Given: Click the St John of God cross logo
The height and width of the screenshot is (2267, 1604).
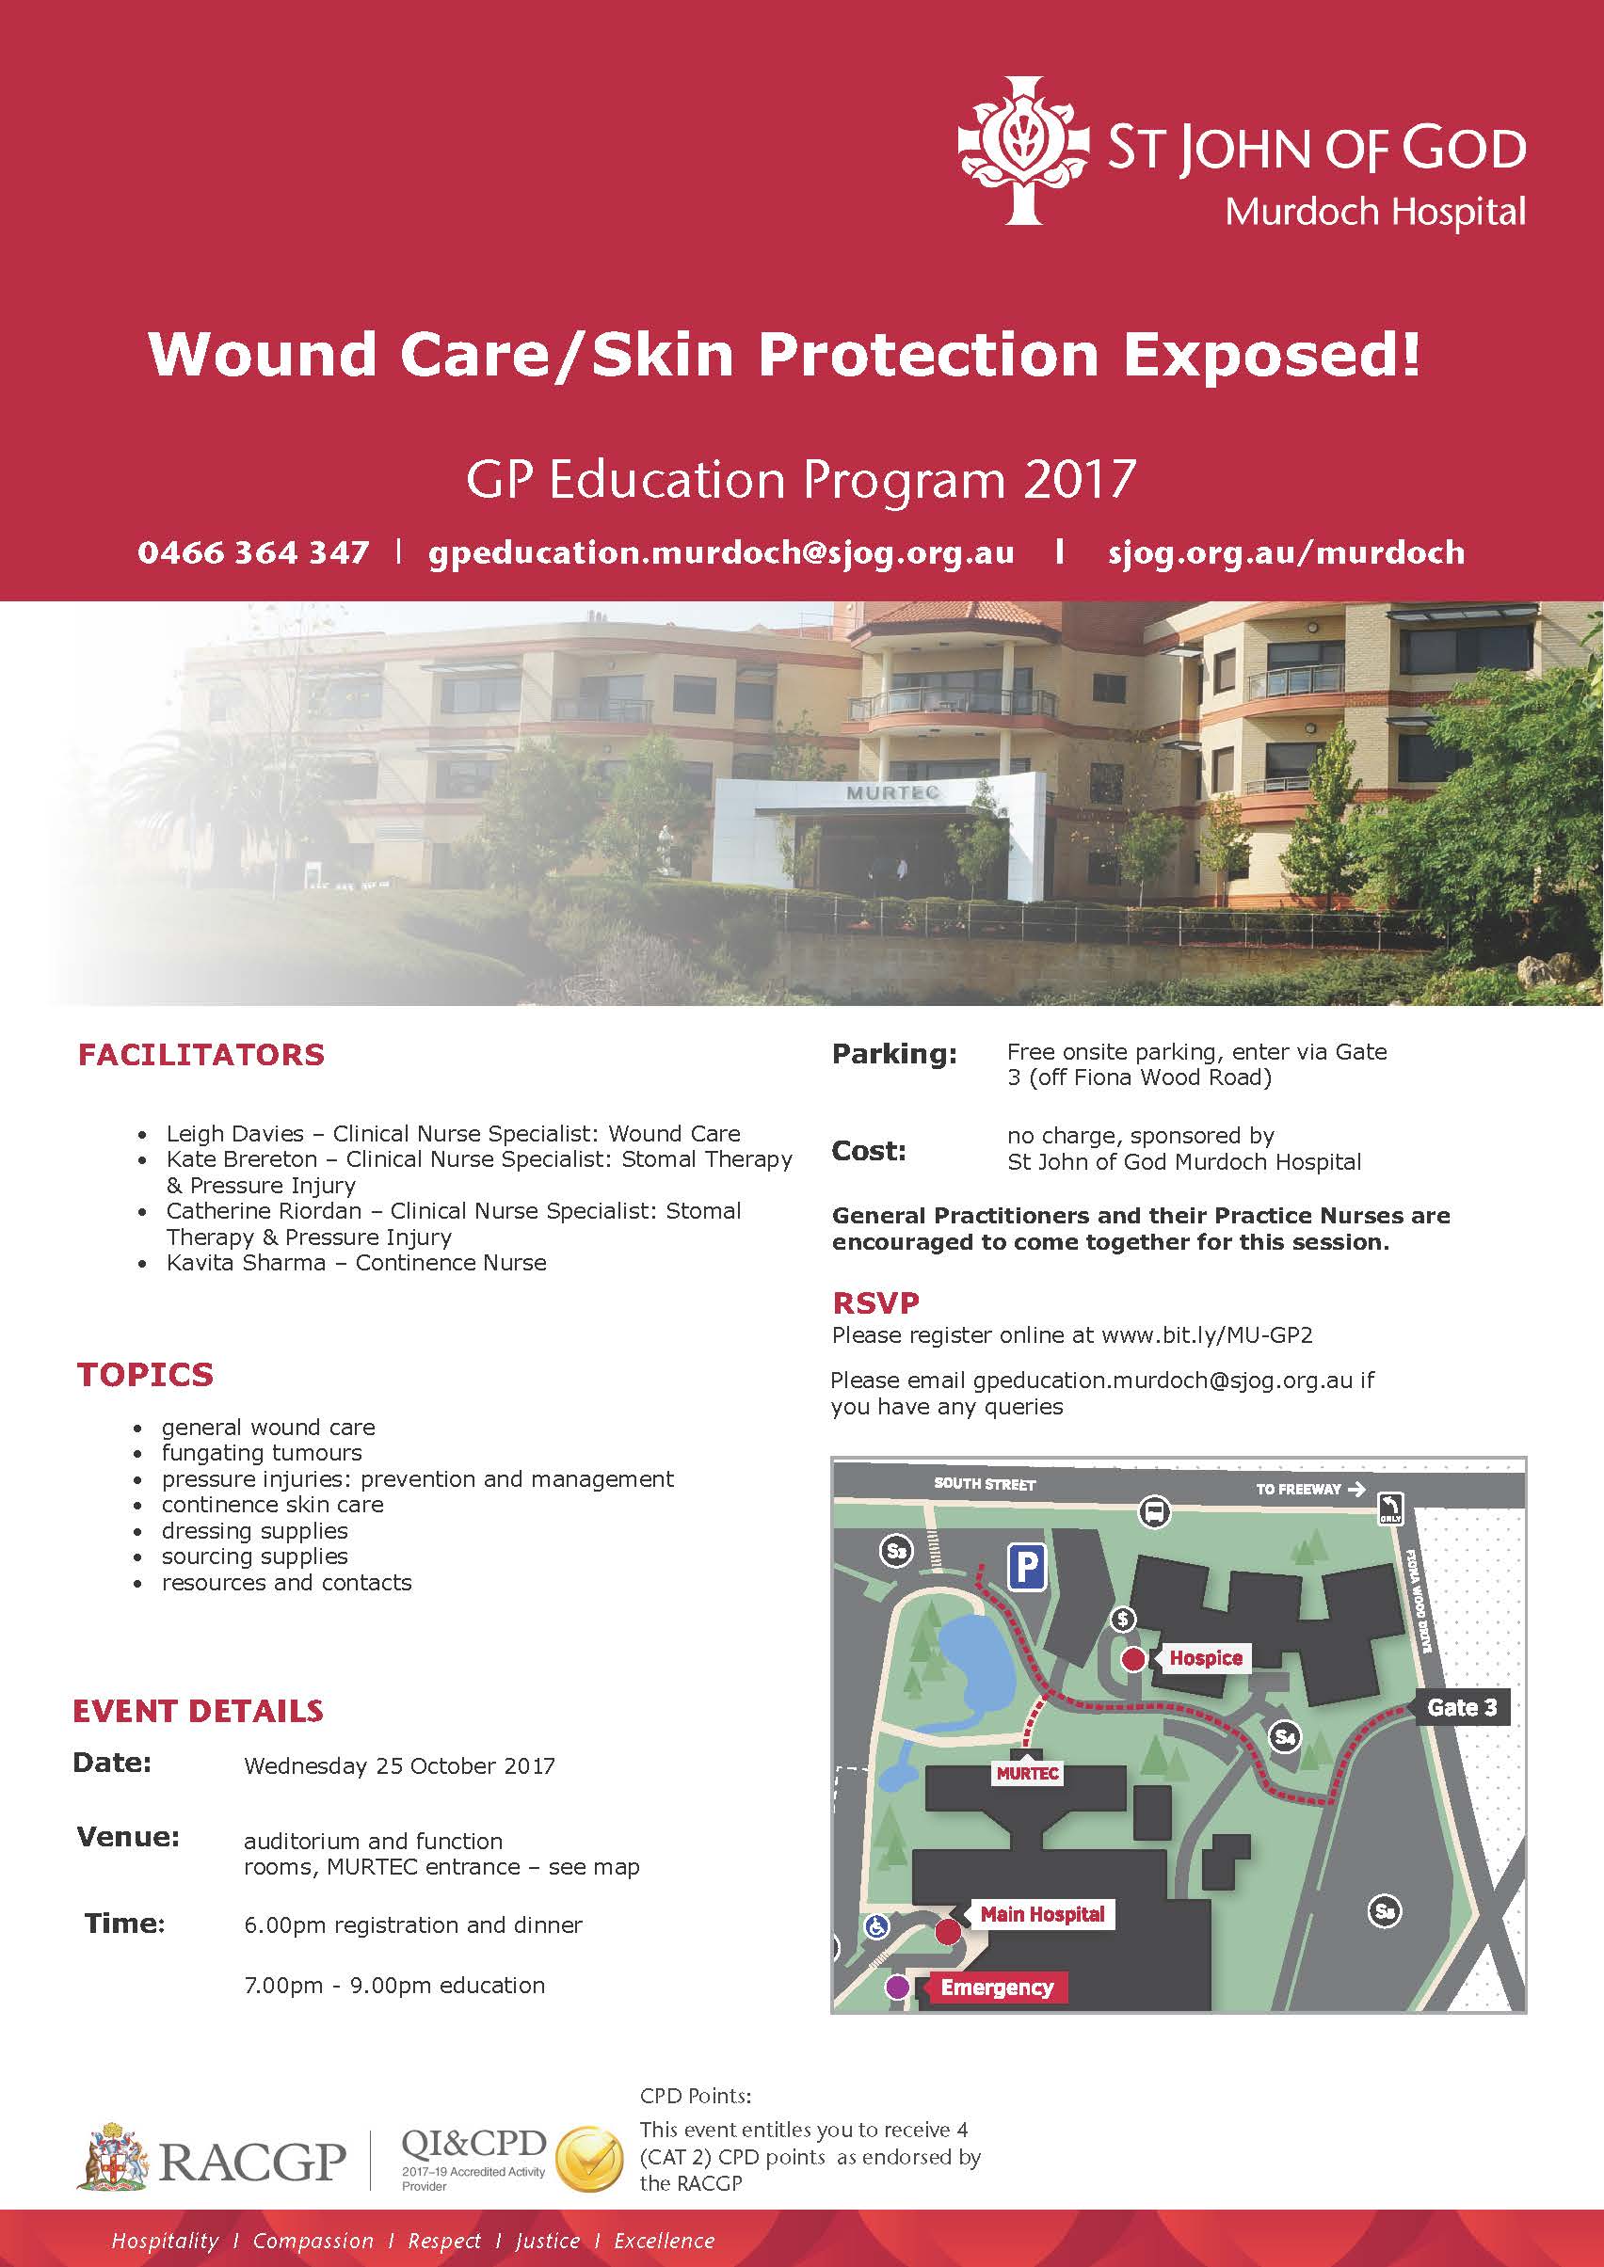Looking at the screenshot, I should click(1023, 150).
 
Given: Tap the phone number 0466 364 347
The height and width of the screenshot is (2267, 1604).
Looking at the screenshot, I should click(253, 552).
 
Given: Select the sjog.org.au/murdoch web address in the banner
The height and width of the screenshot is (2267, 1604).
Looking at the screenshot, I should click(1286, 552).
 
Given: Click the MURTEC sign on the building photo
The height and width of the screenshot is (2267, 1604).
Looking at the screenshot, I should click(891, 793).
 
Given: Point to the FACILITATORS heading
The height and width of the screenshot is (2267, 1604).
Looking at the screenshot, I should click(201, 1055).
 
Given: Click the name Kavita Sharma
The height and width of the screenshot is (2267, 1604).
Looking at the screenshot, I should click(246, 1263).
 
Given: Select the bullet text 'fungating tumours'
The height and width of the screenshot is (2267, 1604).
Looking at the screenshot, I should click(262, 1453).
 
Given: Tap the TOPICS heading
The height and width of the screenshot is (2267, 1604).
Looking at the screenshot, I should click(145, 1375).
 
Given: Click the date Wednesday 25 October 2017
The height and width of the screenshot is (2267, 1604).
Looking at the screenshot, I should click(399, 1765).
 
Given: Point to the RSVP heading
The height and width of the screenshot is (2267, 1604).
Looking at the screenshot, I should click(875, 1303).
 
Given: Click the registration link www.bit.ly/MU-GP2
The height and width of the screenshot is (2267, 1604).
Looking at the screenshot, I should click(1206, 1336).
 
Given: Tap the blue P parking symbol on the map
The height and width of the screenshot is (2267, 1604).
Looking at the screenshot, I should click(1027, 1567).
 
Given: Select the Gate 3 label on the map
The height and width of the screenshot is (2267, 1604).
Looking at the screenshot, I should click(1462, 1707).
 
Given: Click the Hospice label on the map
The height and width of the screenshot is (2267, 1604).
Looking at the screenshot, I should click(1205, 1658).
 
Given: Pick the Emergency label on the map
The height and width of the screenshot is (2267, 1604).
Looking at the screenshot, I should click(997, 1988).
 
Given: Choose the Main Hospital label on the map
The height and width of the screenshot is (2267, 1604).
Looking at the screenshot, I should click(1042, 1914).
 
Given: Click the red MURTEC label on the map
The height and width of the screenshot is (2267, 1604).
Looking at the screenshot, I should click(1027, 1773).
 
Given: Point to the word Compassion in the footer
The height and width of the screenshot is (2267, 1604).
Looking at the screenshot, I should click(313, 2242).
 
